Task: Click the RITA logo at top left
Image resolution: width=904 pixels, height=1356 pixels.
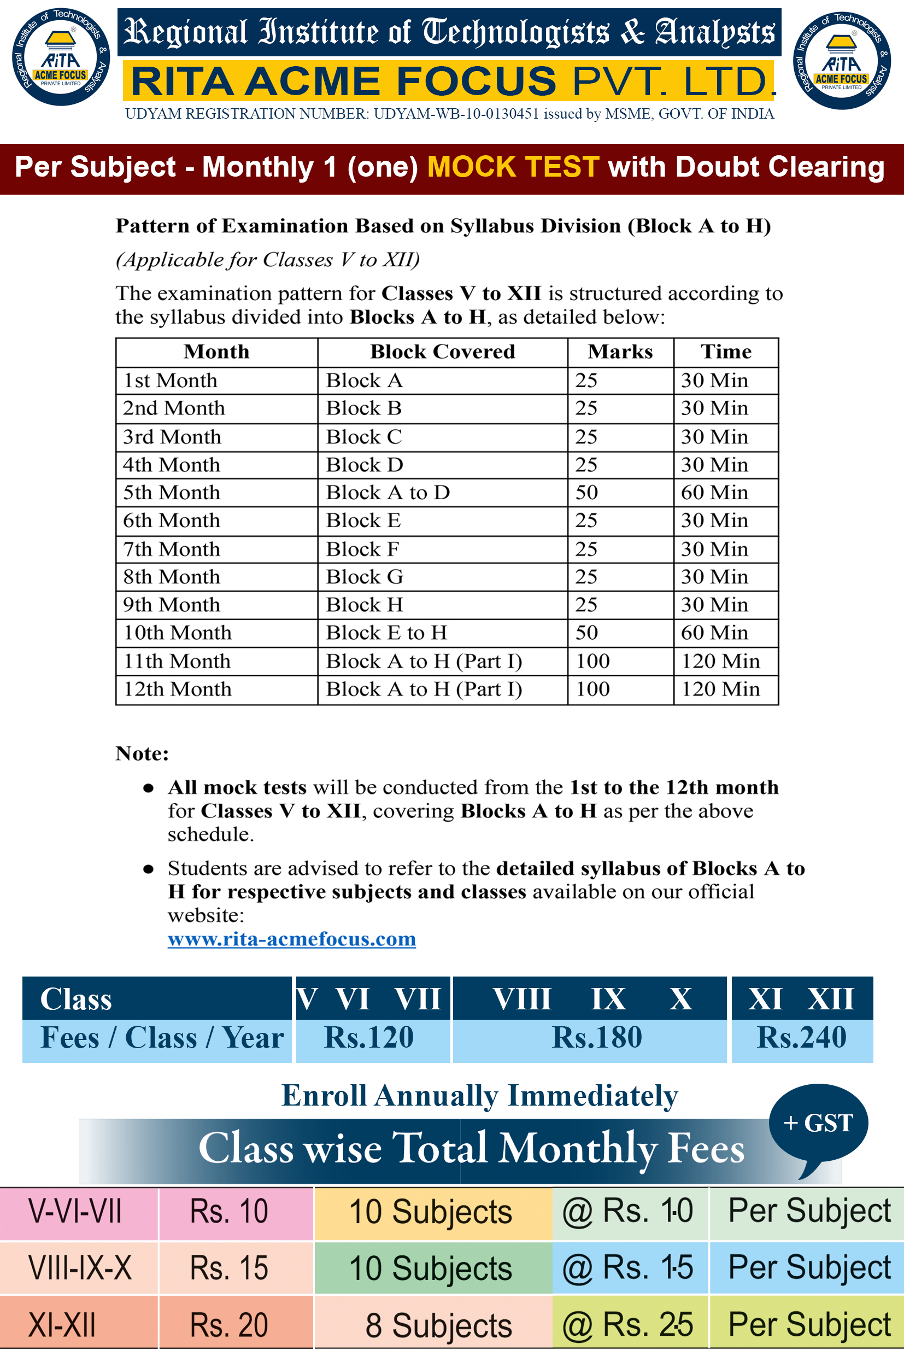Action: [61, 56]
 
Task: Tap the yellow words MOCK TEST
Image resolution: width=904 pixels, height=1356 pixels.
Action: [513, 167]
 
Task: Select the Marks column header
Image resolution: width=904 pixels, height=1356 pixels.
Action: [620, 352]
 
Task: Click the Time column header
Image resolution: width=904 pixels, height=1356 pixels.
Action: [725, 352]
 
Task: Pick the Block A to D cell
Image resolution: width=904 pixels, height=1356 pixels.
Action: [388, 493]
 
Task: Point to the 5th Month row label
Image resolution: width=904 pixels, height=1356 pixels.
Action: [172, 493]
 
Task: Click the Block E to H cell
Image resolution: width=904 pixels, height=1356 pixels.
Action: [386, 633]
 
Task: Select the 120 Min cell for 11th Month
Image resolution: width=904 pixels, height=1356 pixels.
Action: [720, 661]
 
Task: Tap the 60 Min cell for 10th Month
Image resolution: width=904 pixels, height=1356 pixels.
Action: [714, 633]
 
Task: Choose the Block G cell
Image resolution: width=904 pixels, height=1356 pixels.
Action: [365, 577]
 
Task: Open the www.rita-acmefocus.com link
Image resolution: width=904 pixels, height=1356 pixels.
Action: [292, 939]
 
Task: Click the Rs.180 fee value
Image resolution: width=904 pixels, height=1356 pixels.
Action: [597, 1038]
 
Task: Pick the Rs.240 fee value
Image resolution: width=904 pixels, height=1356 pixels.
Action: [801, 1038]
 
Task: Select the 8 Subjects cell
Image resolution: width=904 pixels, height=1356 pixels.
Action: [438, 1325]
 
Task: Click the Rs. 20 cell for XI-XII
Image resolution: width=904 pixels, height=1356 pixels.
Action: [229, 1325]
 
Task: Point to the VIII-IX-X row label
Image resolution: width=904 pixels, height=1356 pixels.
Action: [80, 1269]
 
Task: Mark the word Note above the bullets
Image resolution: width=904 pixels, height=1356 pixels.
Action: [142, 754]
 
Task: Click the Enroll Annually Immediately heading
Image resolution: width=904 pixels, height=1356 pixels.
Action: [479, 1096]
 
